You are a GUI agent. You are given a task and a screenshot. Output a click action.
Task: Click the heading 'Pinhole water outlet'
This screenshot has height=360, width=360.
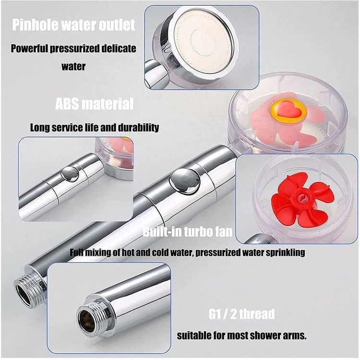73,25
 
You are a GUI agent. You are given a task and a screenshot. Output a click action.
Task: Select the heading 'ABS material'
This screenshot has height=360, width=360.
95,104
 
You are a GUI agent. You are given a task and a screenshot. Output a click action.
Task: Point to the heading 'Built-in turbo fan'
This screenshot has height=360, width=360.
188,231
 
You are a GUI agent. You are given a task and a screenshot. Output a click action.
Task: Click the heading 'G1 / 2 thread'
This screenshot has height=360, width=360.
242,314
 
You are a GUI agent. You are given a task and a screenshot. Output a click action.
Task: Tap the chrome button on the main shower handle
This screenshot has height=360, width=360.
185,181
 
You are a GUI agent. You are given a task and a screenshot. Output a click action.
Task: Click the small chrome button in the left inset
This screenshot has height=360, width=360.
71,174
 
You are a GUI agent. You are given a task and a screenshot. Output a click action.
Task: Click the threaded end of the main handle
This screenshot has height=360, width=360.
29,291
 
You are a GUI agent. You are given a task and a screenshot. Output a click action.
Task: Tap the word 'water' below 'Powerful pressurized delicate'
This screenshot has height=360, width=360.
73,66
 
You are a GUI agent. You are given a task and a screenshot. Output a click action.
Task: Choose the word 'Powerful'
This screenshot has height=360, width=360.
29,48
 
